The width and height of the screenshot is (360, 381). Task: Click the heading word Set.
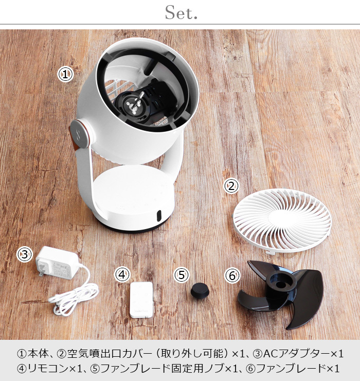point(181,13)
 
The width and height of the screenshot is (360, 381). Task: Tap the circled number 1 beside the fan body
point(65,75)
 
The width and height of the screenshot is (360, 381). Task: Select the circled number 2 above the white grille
point(231,186)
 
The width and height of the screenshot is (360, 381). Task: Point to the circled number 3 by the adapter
point(25,254)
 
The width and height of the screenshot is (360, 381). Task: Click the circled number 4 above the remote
point(122,275)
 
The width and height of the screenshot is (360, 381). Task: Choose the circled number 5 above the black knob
point(182,275)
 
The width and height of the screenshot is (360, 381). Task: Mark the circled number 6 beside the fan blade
point(232,276)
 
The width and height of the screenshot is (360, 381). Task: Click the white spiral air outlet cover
point(282,221)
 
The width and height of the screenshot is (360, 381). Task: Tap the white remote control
point(141,300)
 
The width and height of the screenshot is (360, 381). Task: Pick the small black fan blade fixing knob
point(200,290)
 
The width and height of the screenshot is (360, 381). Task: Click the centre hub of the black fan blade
point(281,283)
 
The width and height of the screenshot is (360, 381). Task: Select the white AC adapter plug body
point(58,263)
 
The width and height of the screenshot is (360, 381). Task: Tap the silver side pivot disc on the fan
point(81,134)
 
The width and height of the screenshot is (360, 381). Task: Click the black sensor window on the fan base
point(159,216)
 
